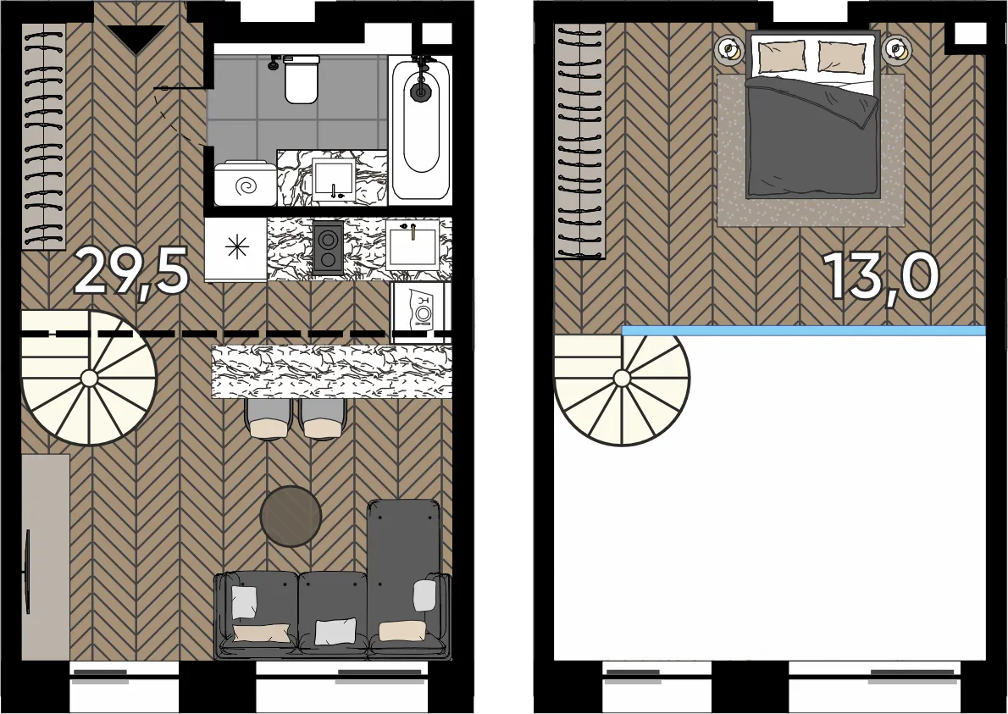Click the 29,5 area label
pyautogui.click(x=132, y=272)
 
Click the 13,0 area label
pyautogui.click(x=881, y=276)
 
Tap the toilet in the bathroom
pyautogui.click(x=302, y=79)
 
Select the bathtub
pyautogui.click(x=422, y=128)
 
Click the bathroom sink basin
pyautogui.click(x=333, y=178)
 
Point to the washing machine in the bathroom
pyautogui.click(x=246, y=184)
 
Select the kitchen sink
pyautogui.click(x=413, y=244)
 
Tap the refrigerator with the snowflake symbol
pyautogui.click(x=236, y=249)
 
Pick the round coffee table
pyautogui.click(x=291, y=516)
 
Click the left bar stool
pyautogui.click(x=269, y=419)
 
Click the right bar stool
pyautogui.click(x=324, y=419)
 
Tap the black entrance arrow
pyautogui.click(x=136, y=39)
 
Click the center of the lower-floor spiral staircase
pyautogui.click(x=89, y=379)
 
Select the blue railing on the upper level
pyautogui.click(x=804, y=330)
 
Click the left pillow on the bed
pyautogui.click(x=782, y=57)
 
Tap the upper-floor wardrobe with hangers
pyautogui.click(x=580, y=141)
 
